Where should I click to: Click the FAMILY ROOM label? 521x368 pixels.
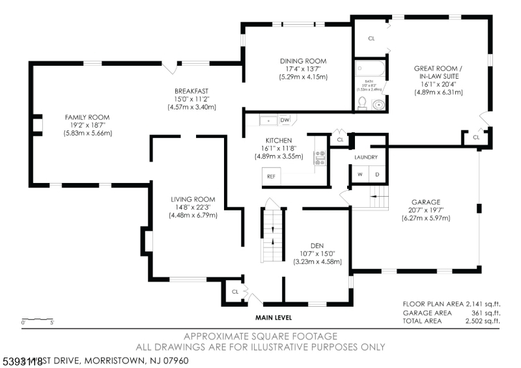pyautogui.click(x=87, y=117)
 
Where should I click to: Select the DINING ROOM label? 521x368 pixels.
pyautogui.click(x=298, y=61)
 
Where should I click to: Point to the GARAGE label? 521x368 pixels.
pyautogui.click(x=426, y=202)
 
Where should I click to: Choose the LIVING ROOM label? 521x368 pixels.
pyautogui.click(x=193, y=199)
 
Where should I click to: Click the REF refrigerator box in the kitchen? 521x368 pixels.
pyautogui.click(x=270, y=177)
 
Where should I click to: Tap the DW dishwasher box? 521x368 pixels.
pyautogui.click(x=285, y=120)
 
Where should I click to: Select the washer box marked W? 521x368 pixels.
pyautogui.click(x=359, y=174)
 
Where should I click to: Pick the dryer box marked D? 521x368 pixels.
pyautogui.click(x=376, y=174)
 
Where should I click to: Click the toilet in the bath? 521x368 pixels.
pyautogui.click(x=362, y=102)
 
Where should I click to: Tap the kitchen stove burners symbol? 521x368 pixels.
pyautogui.click(x=320, y=157)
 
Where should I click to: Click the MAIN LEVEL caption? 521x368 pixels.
pyautogui.click(x=273, y=318)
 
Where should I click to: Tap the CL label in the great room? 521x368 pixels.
pyautogui.click(x=371, y=38)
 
